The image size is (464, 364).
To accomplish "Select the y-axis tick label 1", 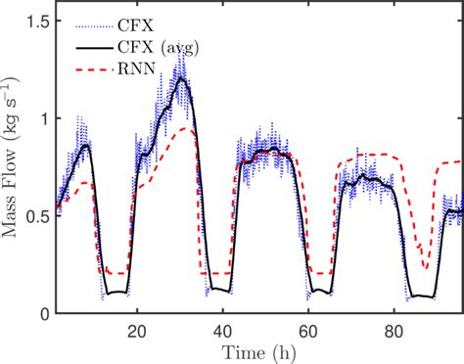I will click(42, 117).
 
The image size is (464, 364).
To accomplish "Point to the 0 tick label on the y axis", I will click(42, 314).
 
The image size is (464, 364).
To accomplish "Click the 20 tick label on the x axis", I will click(137, 330).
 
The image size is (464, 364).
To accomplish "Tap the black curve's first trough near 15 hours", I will click(116, 292).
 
